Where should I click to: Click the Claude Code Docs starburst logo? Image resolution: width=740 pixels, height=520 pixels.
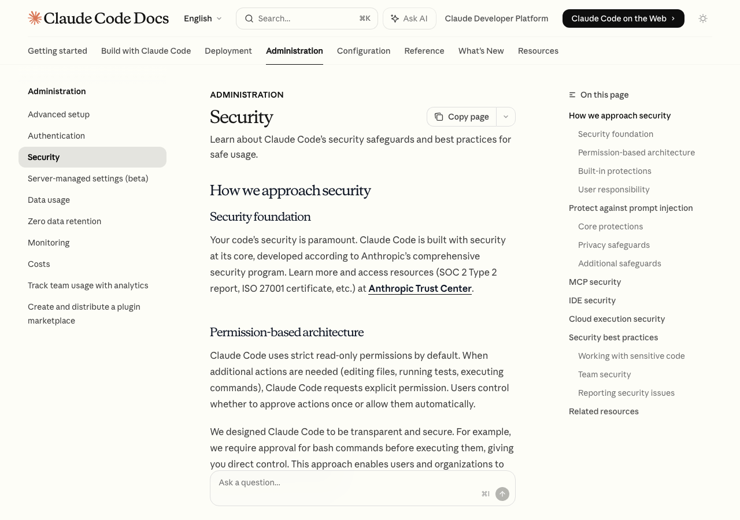(35, 18)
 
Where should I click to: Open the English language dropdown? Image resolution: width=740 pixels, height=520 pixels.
(202, 18)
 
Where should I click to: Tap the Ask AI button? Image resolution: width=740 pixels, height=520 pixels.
(409, 18)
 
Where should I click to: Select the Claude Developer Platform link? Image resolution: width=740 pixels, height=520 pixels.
(496, 18)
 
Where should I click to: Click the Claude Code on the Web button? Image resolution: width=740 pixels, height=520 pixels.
(623, 18)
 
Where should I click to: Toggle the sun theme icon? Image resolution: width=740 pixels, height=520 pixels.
(703, 18)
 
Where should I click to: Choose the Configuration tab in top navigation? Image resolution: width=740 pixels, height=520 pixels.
(364, 51)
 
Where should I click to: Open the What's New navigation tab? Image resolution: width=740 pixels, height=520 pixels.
(481, 51)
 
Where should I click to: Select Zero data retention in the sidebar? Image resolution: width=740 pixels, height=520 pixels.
(64, 221)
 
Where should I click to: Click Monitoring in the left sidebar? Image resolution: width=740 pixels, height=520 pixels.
(49, 243)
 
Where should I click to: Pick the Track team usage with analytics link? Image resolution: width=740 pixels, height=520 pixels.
(88, 285)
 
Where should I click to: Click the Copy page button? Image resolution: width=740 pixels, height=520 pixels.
(462, 117)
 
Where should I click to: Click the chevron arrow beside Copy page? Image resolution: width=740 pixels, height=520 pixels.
(506, 117)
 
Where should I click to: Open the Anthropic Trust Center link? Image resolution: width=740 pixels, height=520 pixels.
(420, 288)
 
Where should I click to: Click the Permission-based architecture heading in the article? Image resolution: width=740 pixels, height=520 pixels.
(287, 332)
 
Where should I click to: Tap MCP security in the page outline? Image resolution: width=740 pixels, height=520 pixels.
(594, 282)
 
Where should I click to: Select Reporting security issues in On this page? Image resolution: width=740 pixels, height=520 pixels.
(626, 393)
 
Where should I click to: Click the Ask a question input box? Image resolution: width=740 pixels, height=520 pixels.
(347, 483)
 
